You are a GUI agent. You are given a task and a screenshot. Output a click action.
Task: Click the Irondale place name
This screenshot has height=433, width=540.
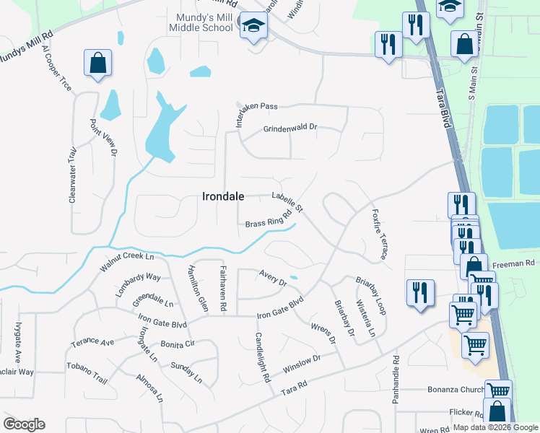(x=223, y=196)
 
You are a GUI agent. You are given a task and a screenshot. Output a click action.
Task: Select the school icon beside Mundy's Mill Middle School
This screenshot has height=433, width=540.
(x=253, y=26)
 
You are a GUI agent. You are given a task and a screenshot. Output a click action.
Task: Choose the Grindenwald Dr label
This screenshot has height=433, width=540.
(x=289, y=128)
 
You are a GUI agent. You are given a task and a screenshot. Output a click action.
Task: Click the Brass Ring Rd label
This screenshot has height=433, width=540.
(x=269, y=219)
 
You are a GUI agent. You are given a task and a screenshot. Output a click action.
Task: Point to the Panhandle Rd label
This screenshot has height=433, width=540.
(x=396, y=380)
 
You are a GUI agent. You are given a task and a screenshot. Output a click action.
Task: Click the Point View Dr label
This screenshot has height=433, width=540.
(x=102, y=138)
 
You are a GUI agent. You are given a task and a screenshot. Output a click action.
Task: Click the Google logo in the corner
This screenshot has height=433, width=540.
(x=24, y=424)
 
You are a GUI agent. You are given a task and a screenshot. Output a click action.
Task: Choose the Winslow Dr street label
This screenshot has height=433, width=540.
(x=301, y=363)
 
